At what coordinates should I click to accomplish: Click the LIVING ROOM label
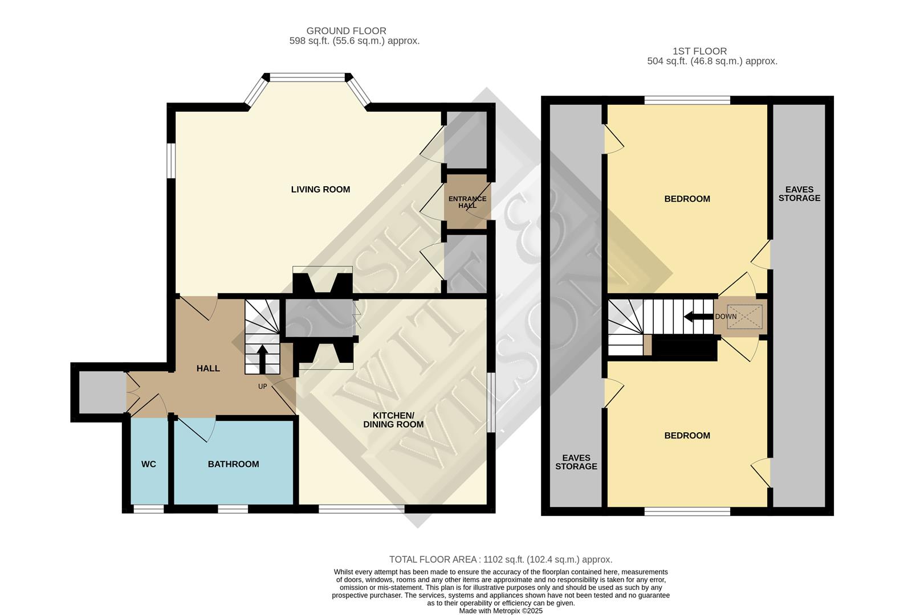pos(320,190)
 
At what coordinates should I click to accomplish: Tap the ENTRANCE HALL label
pos(467,202)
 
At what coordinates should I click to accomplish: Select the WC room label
pos(149,464)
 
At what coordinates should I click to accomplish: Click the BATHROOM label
pos(233,464)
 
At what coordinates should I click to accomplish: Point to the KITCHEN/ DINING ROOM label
pos(393,420)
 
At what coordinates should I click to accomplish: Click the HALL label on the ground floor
pos(208,368)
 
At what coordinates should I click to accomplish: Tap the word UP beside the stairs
pos(262,387)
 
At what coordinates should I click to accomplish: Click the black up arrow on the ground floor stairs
pos(262,359)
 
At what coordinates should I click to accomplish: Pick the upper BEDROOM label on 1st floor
pos(687,199)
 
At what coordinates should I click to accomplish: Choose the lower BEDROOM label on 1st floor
pos(687,436)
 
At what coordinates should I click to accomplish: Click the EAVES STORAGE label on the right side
pos(799,194)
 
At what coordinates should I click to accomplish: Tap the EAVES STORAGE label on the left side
pos(576,462)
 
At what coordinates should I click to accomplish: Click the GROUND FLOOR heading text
pos(346,31)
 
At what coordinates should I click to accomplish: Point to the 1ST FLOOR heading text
pos(699,51)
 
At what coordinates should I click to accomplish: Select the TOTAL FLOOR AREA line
pos(500,560)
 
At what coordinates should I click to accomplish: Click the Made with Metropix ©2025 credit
pos(500,610)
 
